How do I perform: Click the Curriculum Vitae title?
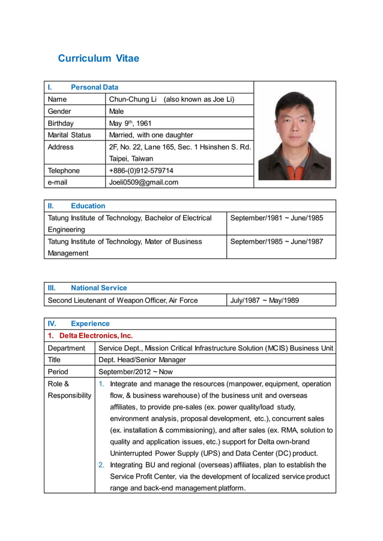click(98, 58)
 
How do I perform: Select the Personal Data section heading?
click(94, 87)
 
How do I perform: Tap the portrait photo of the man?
click(294, 135)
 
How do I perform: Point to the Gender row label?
click(59, 111)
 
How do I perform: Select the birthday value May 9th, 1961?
click(130, 123)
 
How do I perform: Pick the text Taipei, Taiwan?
click(131, 159)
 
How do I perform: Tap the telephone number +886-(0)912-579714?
click(141, 171)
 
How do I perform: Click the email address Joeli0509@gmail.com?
click(143, 182)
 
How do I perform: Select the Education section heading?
click(88, 206)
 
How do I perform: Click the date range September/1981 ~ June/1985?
click(277, 218)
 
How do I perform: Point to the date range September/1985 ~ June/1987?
click(277, 241)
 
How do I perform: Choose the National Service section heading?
click(98, 288)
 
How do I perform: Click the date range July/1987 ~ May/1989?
click(265, 300)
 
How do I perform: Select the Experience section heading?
click(90, 323)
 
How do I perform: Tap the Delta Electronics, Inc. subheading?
click(95, 336)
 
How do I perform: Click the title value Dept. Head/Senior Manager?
click(142, 360)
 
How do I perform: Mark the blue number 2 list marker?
click(101, 465)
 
